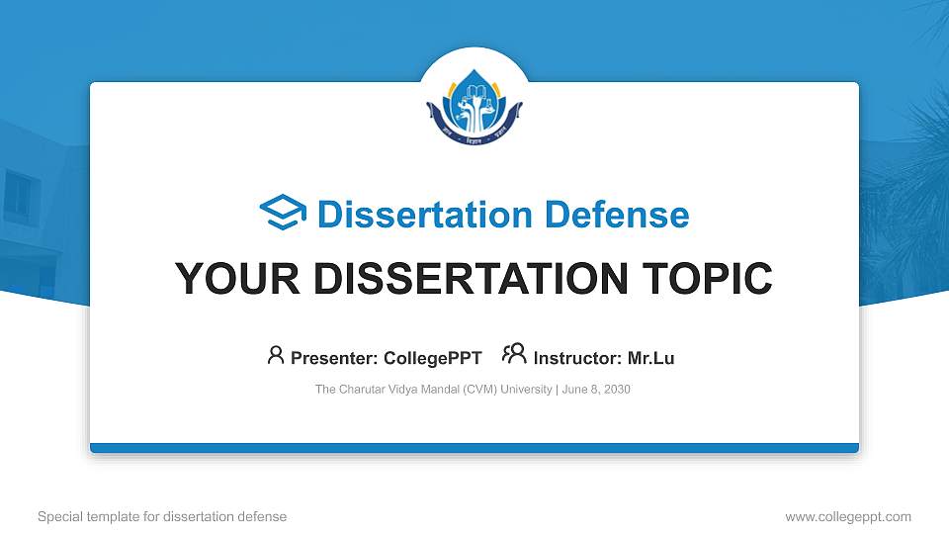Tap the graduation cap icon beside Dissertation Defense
(x=283, y=214)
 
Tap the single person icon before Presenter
(x=276, y=355)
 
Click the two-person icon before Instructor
(x=514, y=354)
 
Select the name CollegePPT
(x=433, y=358)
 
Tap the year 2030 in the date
(x=616, y=390)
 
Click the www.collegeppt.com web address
(x=848, y=517)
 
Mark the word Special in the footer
(x=57, y=517)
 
